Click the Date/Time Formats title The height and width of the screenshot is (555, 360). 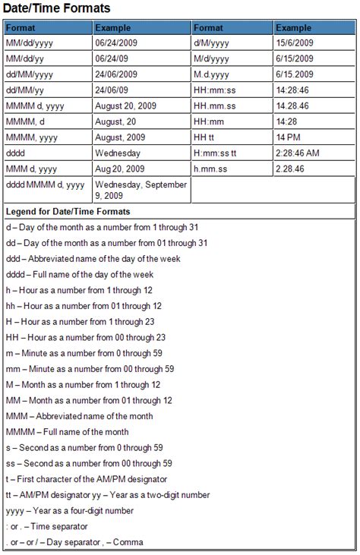click(58, 8)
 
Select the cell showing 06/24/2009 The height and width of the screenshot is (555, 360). click(118, 43)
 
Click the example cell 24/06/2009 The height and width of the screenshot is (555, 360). click(118, 74)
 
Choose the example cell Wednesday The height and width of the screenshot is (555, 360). click(118, 153)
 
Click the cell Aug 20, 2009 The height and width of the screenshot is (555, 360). click(120, 168)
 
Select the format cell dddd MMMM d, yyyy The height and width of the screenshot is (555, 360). click(46, 184)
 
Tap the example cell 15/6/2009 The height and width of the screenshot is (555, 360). click(295, 43)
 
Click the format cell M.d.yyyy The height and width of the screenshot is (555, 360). click(212, 74)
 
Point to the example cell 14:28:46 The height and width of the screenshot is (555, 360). click(292, 90)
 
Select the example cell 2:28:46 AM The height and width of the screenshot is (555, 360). click(298, 153)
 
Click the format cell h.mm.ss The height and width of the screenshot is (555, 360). click(212, 168)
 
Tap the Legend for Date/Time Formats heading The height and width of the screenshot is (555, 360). click(68, 211)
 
